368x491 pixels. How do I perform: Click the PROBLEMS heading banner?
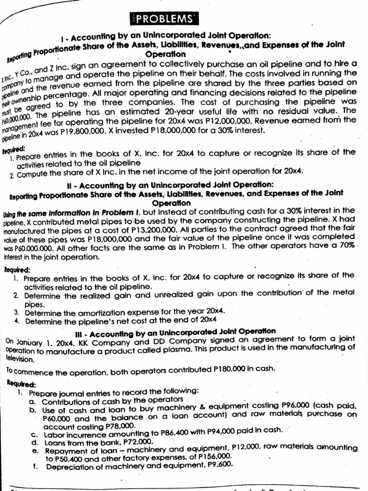click(164, 19)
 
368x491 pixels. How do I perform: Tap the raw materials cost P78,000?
click(115, 425)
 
